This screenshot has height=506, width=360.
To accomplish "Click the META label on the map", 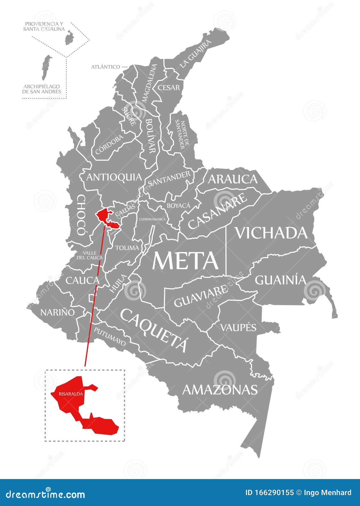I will (186, 260).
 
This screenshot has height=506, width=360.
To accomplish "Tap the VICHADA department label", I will (272, 233).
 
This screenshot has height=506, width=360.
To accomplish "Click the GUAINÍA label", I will (281, 280).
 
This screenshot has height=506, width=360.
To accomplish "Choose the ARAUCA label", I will (233, 179).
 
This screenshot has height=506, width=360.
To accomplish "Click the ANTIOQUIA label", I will (114, 177).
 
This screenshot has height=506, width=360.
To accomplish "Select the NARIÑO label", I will (57, 313).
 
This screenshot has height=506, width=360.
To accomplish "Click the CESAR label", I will (169, 87).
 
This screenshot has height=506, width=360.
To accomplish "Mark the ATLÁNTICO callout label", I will (106, 67).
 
